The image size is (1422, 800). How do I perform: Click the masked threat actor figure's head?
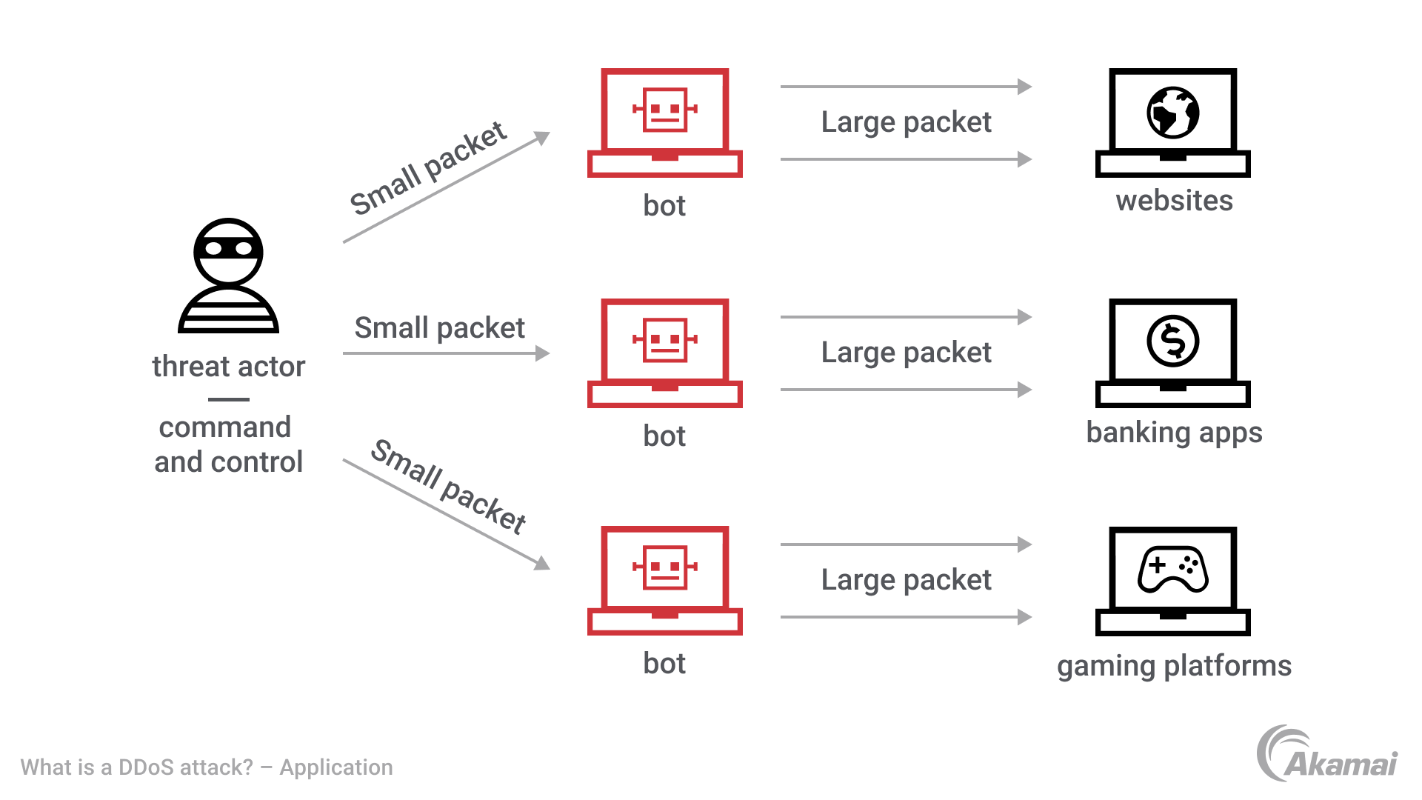tap(228, 250)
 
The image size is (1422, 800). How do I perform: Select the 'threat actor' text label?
tap(228, 367)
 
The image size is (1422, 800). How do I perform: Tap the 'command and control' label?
tap(228, 444)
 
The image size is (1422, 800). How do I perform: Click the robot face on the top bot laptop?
tap(664, 110)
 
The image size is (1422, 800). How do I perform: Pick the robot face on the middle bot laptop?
tap(664, 340)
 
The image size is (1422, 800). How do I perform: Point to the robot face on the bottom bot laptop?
tap(664, 567)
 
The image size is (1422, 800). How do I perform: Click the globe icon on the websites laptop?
tap(1173, 113)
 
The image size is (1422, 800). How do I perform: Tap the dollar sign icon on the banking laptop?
tap(1173, 341)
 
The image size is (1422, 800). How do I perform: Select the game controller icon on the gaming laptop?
tap(1173, 569)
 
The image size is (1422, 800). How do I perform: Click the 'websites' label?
tap(1174, 201)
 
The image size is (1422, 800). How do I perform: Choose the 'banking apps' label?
tap(1174, 433)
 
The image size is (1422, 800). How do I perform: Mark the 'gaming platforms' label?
tap(1174, 666)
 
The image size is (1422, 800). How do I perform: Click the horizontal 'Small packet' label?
tap(439, 328)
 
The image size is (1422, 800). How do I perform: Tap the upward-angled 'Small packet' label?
tap(428, 169)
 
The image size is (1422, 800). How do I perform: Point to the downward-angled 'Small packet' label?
tap(449, 486)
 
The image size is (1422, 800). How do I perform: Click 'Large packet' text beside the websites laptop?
tap(906, 122)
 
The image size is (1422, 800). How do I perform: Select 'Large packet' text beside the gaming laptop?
tap(906, 580)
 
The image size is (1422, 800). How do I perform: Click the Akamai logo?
tap(1326, 754)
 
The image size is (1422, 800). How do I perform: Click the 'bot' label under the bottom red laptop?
tap(664, 664)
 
